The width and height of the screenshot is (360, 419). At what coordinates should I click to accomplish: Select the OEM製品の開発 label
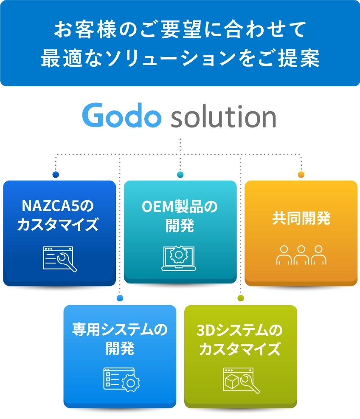click(x=180, y=215)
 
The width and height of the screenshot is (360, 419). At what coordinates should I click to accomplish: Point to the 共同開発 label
click(x=301, y=219)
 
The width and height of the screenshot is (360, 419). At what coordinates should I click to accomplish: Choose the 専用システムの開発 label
click(x=120, y=339)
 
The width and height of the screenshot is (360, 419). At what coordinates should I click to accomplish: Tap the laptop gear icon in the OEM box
click(x=179, y=258)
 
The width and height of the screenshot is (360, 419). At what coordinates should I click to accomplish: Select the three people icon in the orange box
click(x=301, y=255)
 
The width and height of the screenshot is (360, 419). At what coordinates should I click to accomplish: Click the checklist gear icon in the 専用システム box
click(x=121, y=379)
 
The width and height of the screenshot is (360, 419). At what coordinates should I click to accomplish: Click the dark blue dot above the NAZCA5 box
click(x=56, y=175)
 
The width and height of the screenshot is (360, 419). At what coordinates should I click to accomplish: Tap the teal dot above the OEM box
click(x=180, y=175)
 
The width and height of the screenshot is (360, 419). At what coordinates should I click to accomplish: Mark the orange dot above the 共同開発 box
click(x=301, y=175)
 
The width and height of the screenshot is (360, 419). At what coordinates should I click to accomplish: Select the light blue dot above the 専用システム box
click(x=120, y=298)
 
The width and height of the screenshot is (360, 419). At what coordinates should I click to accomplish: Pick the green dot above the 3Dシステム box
click(x=240, y=298)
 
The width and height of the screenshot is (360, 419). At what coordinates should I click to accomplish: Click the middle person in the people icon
click(x=301, y=255)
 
